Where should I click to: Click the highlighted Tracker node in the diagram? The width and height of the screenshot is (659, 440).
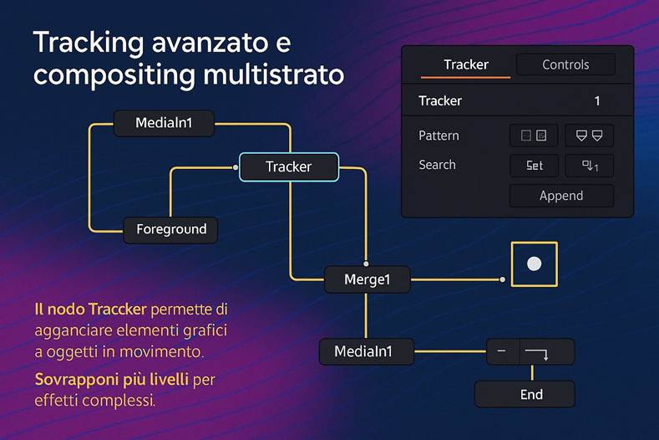[x=288, y=166]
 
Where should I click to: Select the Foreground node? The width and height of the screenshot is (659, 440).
[x=170, y=229]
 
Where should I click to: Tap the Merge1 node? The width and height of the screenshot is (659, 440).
[x=367, y=279]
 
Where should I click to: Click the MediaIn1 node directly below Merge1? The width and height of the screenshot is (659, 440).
[x=367, y=351]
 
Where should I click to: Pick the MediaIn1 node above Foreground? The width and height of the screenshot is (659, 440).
[x=164, y=123]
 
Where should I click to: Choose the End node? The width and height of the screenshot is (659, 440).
[x=525, y=394]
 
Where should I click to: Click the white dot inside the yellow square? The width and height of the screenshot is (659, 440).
[x=535, y=264]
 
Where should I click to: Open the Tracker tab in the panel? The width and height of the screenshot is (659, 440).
[x=465, y=64]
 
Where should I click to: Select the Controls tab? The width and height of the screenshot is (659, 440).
[x=565, y=64]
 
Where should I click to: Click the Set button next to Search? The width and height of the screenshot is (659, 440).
[x=535, y=166]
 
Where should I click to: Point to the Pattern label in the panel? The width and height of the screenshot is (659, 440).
[x=438, y=136]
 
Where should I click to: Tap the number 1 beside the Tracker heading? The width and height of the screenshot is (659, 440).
[x=597, y=100]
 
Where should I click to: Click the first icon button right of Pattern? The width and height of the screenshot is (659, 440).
[x=533, y=136]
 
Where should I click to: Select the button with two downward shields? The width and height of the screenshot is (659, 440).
[x=589, y=136]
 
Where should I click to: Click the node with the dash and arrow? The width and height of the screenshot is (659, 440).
[x=530, y=351]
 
